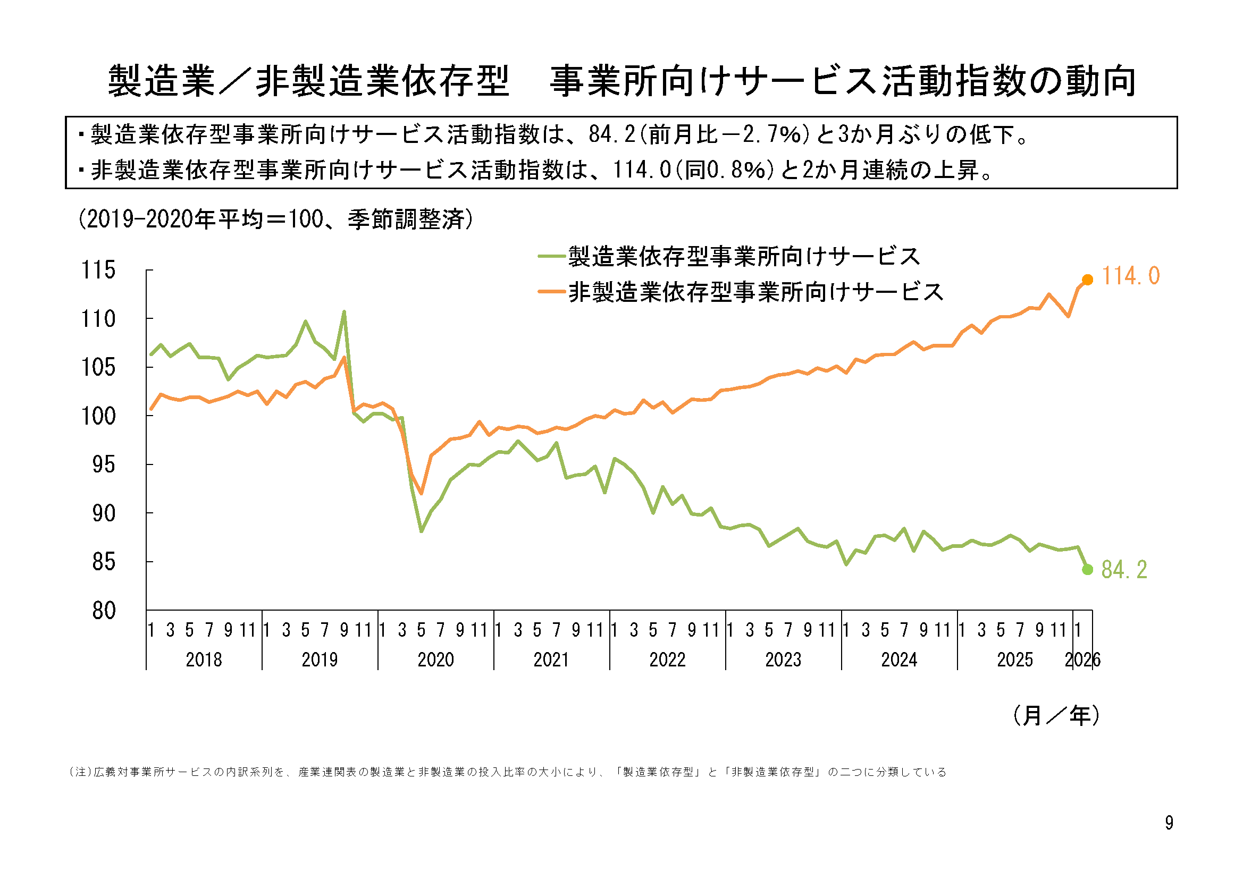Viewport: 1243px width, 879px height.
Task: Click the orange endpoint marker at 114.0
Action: tap(1087, 280)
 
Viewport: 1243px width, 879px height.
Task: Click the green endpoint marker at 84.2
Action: tap(1087, 569)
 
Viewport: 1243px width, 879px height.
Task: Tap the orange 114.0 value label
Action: tap(1130, 276)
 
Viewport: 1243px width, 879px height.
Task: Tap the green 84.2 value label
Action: tap(1124, 570)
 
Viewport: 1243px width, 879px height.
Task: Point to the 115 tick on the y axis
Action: tap(98, 270)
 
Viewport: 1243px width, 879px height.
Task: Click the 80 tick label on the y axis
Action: tap(104, 611)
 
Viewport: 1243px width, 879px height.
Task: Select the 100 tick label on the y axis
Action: tap(98, 416)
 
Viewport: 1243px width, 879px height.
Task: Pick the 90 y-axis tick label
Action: tap(104, 514)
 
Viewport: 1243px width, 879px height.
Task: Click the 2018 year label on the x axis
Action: tap(204, 660)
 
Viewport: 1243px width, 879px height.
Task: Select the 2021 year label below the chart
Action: tap(551, 660)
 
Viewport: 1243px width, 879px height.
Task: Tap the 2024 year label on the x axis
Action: tap(898, 660)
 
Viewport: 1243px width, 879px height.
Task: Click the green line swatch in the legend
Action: tap(551, 256)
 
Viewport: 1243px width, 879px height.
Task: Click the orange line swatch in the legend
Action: tap(551, 292)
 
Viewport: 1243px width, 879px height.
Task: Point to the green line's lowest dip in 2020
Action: tap(421, 531)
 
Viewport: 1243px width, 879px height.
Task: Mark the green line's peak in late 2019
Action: tap(344, 312)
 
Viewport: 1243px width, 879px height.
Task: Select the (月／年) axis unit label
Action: tap(1056, 715)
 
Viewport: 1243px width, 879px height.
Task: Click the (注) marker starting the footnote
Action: tap(80, 772)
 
